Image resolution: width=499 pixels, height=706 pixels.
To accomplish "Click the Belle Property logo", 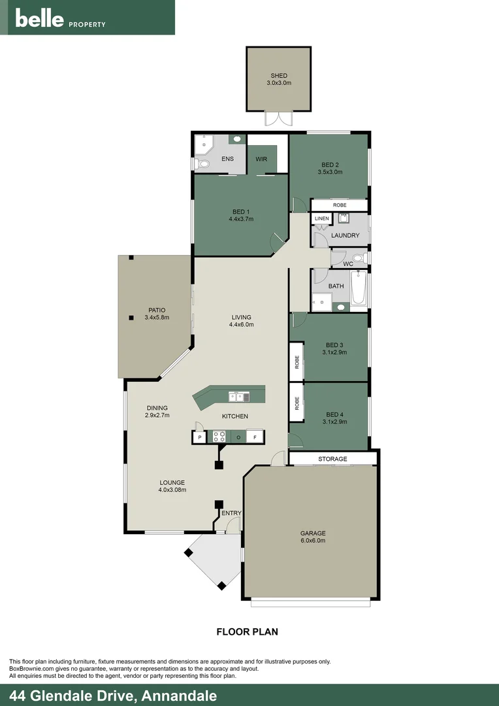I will click(60, 18).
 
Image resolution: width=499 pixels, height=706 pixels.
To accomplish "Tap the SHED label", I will click(279, 76).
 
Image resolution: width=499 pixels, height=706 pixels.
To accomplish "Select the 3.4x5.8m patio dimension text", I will click(157, 318).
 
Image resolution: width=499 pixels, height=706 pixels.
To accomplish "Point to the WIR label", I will click(261, 158).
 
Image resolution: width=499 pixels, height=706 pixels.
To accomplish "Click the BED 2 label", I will click(330, 164).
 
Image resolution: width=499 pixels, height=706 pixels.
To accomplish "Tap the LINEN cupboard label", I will click(321, 218).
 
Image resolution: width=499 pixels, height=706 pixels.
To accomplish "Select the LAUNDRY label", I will click(346, 235).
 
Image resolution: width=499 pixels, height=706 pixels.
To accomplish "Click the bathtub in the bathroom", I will click(359, 289).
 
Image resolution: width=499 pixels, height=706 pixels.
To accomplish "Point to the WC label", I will click(348, 264).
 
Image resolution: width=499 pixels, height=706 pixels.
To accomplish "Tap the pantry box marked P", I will click(199, 436).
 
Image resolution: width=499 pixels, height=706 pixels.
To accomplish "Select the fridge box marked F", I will click(255, 436).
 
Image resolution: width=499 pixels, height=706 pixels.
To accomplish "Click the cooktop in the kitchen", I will click(219, 436).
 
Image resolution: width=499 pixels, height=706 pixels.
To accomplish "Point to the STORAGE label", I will click(332, 459).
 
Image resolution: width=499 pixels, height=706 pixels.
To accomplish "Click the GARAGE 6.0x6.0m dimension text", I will click(313, 541).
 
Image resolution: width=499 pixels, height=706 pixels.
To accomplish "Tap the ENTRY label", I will click(231, 513).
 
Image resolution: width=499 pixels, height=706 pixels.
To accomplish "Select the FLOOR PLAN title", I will click(247, 631).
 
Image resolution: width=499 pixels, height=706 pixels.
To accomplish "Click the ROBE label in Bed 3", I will click(297, 361).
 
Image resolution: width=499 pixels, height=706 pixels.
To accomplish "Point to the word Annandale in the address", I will click(177, 696).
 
